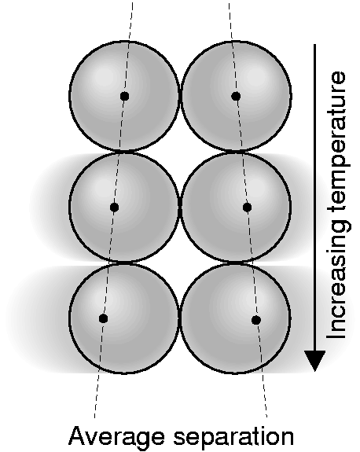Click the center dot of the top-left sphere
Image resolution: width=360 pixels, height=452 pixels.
coord(124,96)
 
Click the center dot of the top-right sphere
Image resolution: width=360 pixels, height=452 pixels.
coord(236,96)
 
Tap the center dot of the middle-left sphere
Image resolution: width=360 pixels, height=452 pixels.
coord(115,207)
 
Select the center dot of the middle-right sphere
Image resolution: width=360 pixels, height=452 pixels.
coord(247,207)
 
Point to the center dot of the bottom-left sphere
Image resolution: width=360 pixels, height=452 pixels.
coord(104,318)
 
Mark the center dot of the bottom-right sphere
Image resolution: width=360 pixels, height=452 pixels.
coord(256,320)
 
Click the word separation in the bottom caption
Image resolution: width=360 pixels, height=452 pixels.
coord(233,437)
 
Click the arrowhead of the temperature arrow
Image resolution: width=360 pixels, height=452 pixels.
coord(315,360)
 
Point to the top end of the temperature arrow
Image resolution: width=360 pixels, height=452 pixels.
coord(314,45)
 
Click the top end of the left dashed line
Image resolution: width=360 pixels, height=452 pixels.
coord(133,2)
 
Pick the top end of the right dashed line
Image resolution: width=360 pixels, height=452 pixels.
coord(230,2)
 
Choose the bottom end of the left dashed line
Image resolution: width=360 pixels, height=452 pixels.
coord(94,417)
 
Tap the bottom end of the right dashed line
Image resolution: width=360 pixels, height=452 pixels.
coord(266,417)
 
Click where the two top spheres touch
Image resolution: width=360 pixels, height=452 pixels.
coord(181,96)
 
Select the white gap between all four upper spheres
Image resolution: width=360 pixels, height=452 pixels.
coord(180,151)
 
